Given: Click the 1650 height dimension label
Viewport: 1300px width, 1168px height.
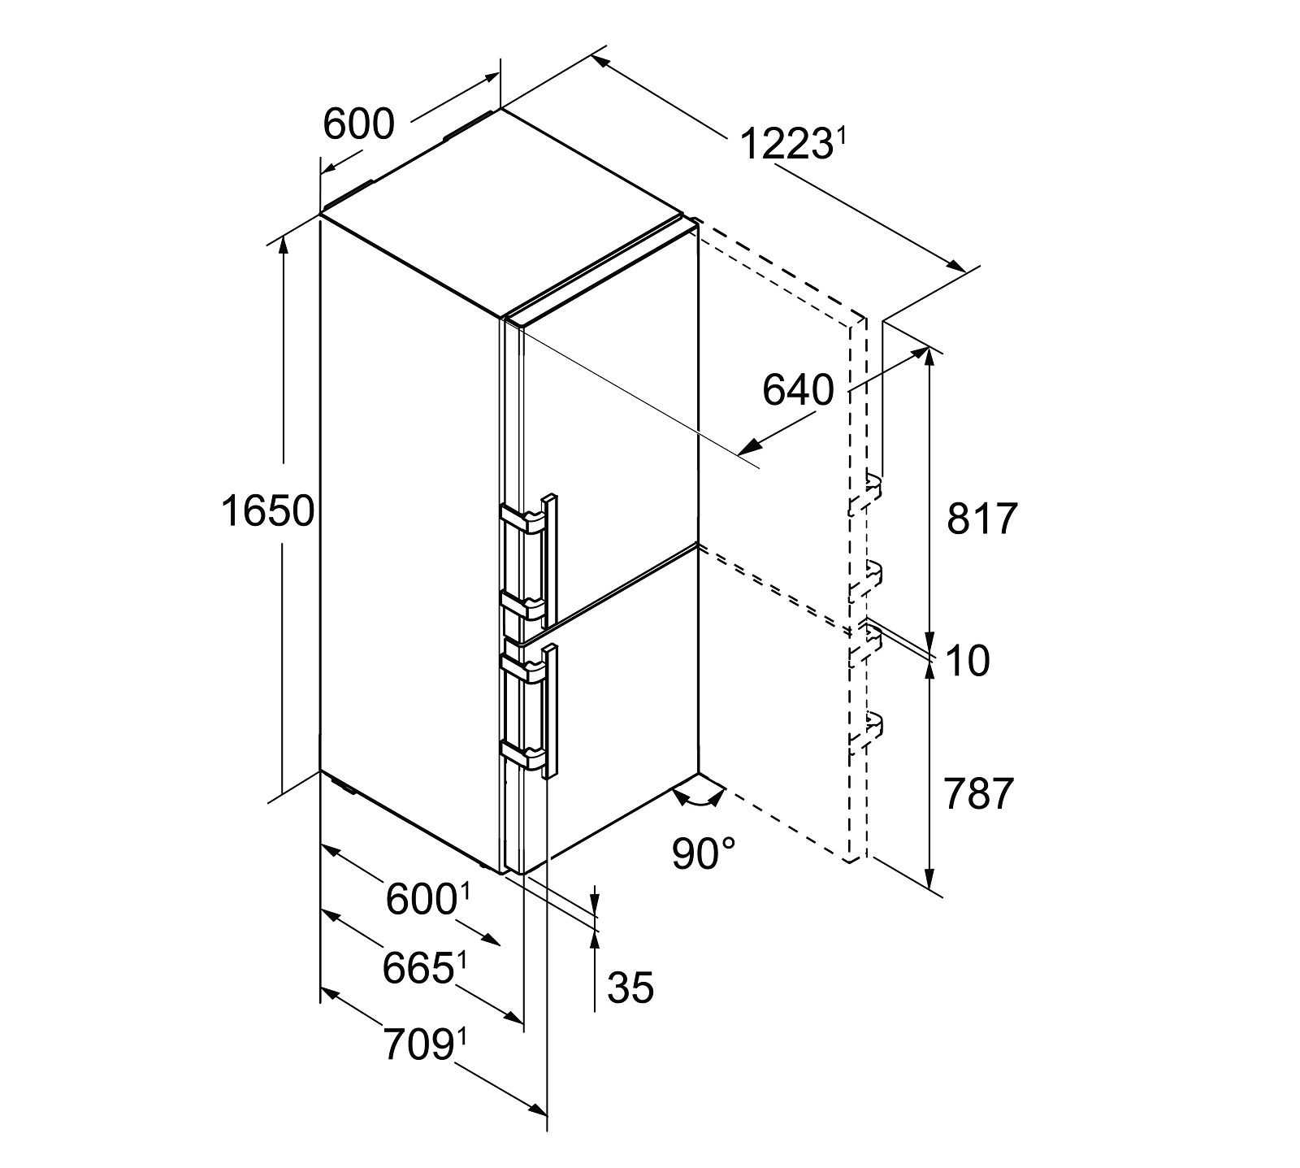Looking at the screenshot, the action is point(267,512).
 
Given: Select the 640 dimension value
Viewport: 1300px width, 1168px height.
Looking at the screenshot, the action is point(798,391).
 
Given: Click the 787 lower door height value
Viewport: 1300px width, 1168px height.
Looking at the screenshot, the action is point(980,793).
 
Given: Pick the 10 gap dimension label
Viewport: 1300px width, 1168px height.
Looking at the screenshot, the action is point(968,662).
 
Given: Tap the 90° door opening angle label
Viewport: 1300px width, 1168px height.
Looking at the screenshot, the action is point(704,853).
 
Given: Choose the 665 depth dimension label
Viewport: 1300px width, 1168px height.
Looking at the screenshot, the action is point(418,969).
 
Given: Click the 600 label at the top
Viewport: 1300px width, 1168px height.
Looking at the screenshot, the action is point(358,124).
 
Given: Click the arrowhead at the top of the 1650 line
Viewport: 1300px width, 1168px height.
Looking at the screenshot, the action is point(284,242).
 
